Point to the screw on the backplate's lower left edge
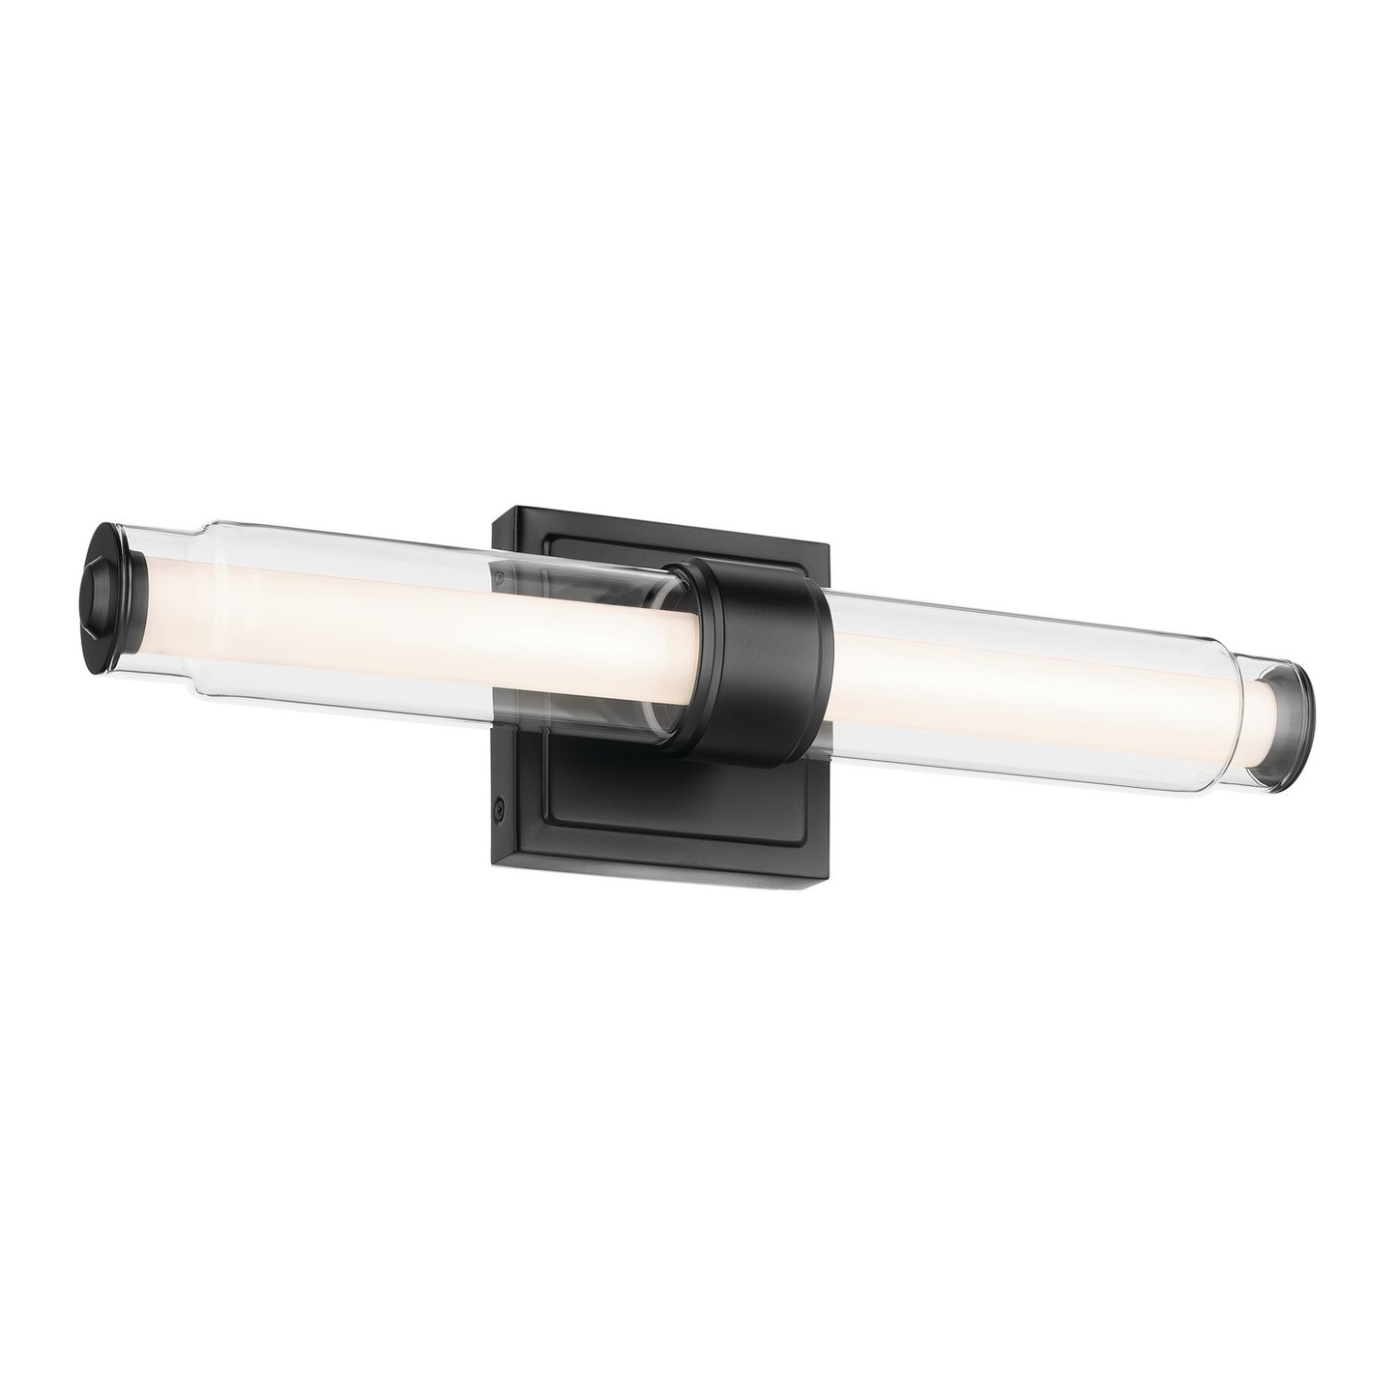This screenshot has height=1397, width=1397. [499, 804]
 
